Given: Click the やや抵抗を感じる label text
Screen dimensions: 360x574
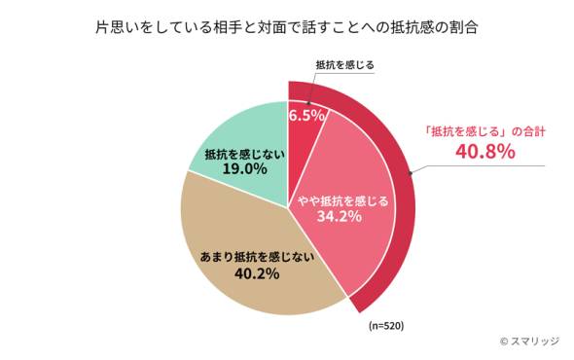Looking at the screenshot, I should pyautogui.click(x=342, y=200).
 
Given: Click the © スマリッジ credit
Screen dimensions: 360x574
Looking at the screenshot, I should pyautogui.click(x=531, y=342).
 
